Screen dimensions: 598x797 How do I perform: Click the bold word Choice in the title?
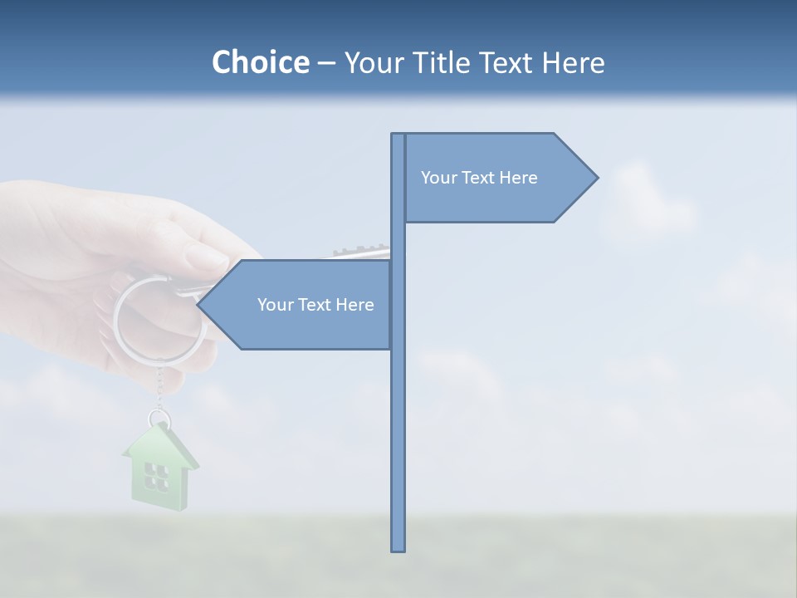[260, 62]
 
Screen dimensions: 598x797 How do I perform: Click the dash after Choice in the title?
[326, 63]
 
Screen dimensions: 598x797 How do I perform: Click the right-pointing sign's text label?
[479, 178]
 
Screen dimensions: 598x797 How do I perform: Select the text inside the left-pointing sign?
[315, 305]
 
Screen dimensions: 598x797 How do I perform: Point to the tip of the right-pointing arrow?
[596, 178]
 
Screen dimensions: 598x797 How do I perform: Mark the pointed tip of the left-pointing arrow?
[199, 305]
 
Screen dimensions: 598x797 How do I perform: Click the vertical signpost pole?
[398, 415]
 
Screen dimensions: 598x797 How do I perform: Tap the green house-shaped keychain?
[159, 469]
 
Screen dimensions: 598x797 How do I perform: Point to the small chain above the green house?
[159, 386]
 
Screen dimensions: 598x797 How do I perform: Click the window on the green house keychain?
[156, 475]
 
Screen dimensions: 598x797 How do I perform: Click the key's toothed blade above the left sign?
[361, 251]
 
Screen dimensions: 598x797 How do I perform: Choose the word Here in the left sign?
[354, 305]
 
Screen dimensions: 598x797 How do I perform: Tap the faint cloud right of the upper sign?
[652, 203]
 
